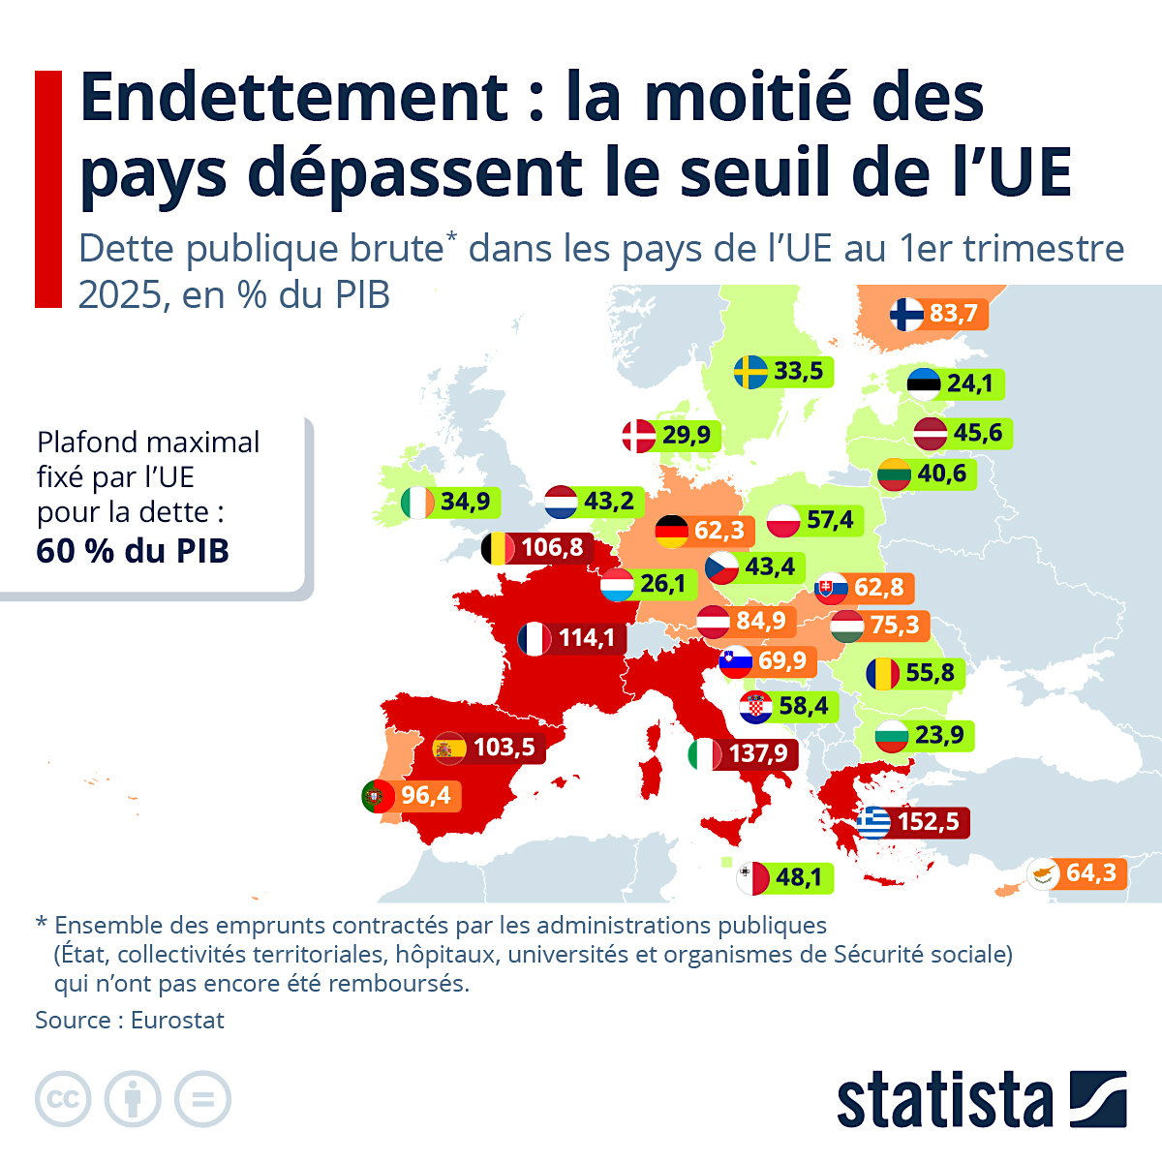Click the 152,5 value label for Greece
click(x=928, y=822)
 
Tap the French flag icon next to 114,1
click(x=535, y=638)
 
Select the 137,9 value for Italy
click(x=758, y=753)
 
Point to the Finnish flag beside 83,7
click(x=907, y=314)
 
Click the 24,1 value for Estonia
click(x=969, y=383)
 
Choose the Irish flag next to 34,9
click(x=417, y=502)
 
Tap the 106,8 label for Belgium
click(x=552, y=548)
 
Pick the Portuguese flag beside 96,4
click(x=378, y=796)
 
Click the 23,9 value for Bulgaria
click(x=938, y=735)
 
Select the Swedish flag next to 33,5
click(x=750, y=371)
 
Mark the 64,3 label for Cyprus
click(x=1090, y=873)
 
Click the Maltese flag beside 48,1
click(x=752, y=878)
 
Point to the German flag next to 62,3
click(x=672, y=530)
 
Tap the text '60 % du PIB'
click(x=133, y=551)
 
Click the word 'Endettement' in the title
click(x=294, y=97)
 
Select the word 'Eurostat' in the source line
click(x=177, y=1020)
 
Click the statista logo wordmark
click(x=944, y=1101)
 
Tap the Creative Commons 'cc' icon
click(x=63, y=1099)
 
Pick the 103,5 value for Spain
click(x=504, y=748)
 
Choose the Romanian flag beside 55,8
click(x=882, y=673)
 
